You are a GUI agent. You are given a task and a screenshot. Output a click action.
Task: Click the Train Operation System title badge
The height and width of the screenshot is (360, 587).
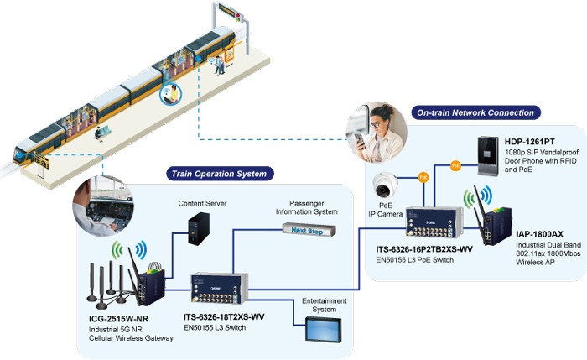(x=220, y=174)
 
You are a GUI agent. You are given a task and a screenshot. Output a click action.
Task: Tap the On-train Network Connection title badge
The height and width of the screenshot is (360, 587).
(x=475, y=112)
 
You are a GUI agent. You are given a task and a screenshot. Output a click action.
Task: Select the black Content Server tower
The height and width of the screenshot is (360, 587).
(x=199, y=229)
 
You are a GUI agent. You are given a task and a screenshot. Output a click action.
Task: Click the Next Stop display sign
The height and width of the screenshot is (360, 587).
(x=309, y=231)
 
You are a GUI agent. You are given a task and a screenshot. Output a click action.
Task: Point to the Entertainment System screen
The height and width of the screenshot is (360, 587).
(x=324, y=329)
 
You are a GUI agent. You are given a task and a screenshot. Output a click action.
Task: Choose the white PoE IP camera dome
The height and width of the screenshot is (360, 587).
(x=384, y=185)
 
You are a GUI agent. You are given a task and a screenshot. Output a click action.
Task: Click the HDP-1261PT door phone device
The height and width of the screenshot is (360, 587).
(x=488, y=157)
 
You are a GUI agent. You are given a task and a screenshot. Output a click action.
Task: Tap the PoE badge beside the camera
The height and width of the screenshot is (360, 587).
(x=423, y=177)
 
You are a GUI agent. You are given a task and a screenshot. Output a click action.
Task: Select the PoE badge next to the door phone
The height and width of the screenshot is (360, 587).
(x=455, y=165)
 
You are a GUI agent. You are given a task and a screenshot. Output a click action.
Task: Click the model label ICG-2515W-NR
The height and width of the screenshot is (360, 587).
(x=118, y=319)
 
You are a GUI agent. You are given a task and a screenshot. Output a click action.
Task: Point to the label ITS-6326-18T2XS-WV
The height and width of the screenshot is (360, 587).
(x=224, y=317)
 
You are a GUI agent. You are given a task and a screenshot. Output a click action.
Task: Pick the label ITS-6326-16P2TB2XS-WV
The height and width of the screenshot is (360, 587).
(x=424, y=249)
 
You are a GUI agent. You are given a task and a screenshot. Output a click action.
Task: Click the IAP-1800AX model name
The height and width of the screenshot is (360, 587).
(x=539, y=234)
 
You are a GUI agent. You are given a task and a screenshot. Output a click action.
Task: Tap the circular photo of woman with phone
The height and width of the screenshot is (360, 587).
(x=377, y=132)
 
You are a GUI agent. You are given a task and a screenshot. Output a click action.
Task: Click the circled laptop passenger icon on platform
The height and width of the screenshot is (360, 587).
(x=171, y=94)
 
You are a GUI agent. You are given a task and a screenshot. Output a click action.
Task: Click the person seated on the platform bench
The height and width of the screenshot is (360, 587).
(x=99, y=133)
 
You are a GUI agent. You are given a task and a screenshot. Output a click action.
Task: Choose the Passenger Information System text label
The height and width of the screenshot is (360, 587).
(x=307, y=207)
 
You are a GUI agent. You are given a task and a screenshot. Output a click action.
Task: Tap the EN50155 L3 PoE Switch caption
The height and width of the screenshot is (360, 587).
(x=415, y=260)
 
